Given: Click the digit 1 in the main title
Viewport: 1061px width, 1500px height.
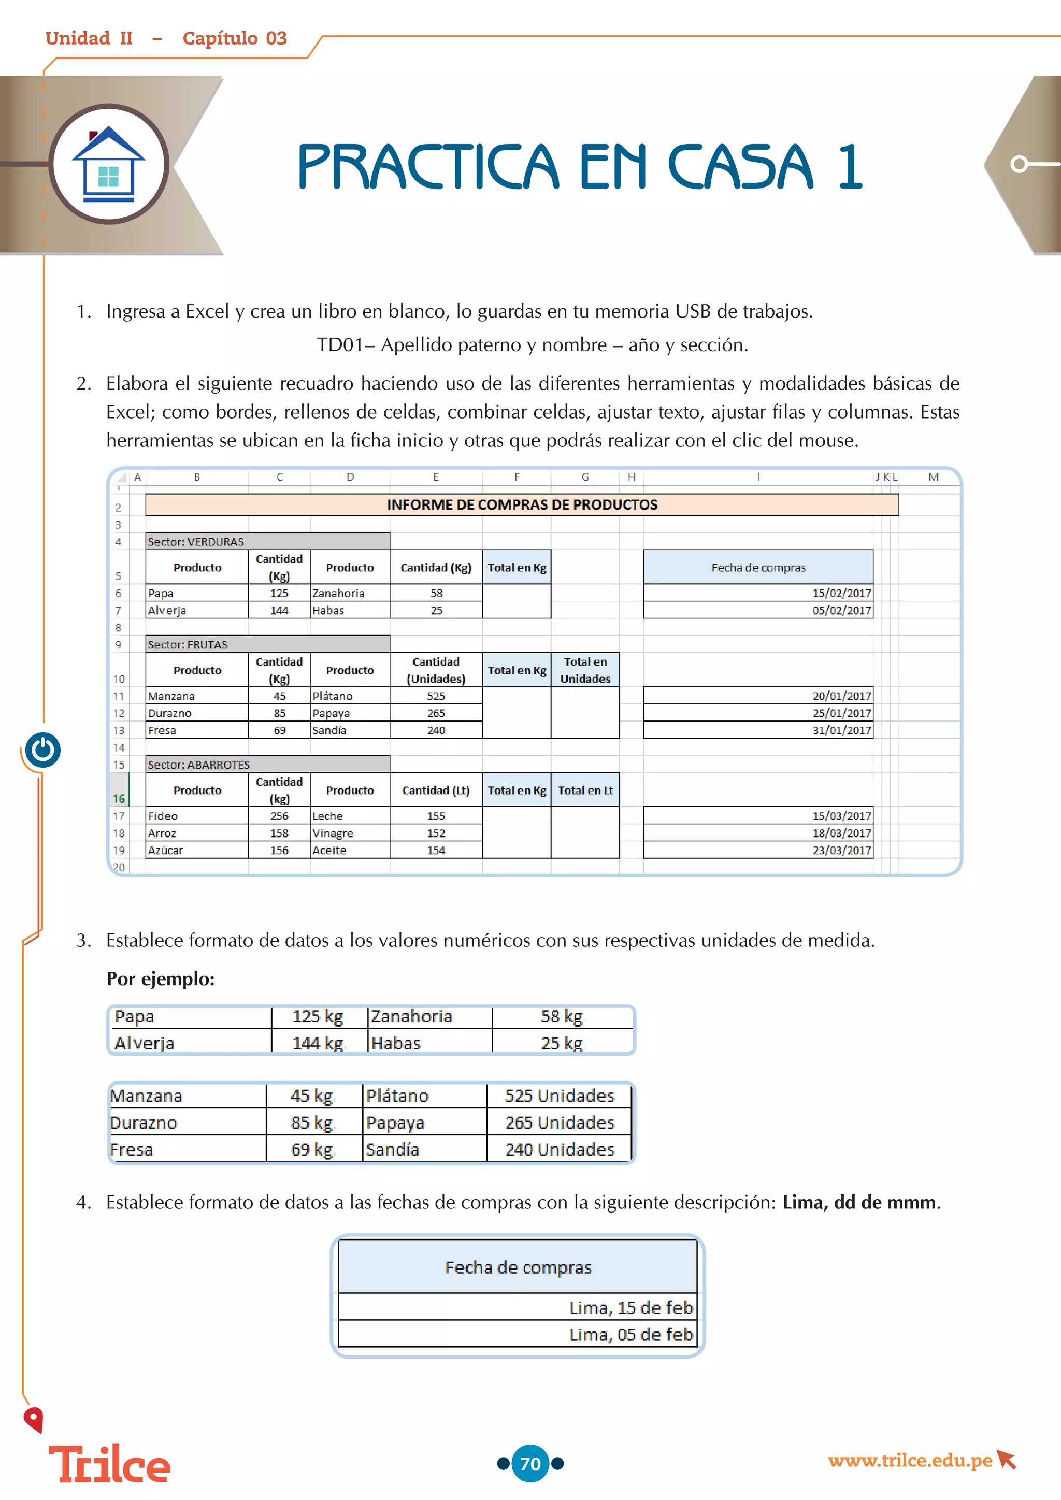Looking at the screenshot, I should click(850, 167).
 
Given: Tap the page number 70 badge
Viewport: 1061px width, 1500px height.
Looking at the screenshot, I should click(530, 1463).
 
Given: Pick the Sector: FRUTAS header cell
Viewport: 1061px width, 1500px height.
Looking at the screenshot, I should click(267, 644).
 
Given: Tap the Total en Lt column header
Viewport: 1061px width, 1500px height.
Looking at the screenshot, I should click(585, 790).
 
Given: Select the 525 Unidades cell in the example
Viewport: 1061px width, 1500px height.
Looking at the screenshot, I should click(559, 1095).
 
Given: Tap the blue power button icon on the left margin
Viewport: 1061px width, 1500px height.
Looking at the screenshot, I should click(43, 750).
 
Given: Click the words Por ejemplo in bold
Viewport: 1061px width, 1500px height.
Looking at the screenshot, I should click(160, 978).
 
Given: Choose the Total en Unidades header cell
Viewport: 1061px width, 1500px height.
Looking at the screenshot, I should click(585, 670).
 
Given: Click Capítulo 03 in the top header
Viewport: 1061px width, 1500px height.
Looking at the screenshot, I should click(235, 38).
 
